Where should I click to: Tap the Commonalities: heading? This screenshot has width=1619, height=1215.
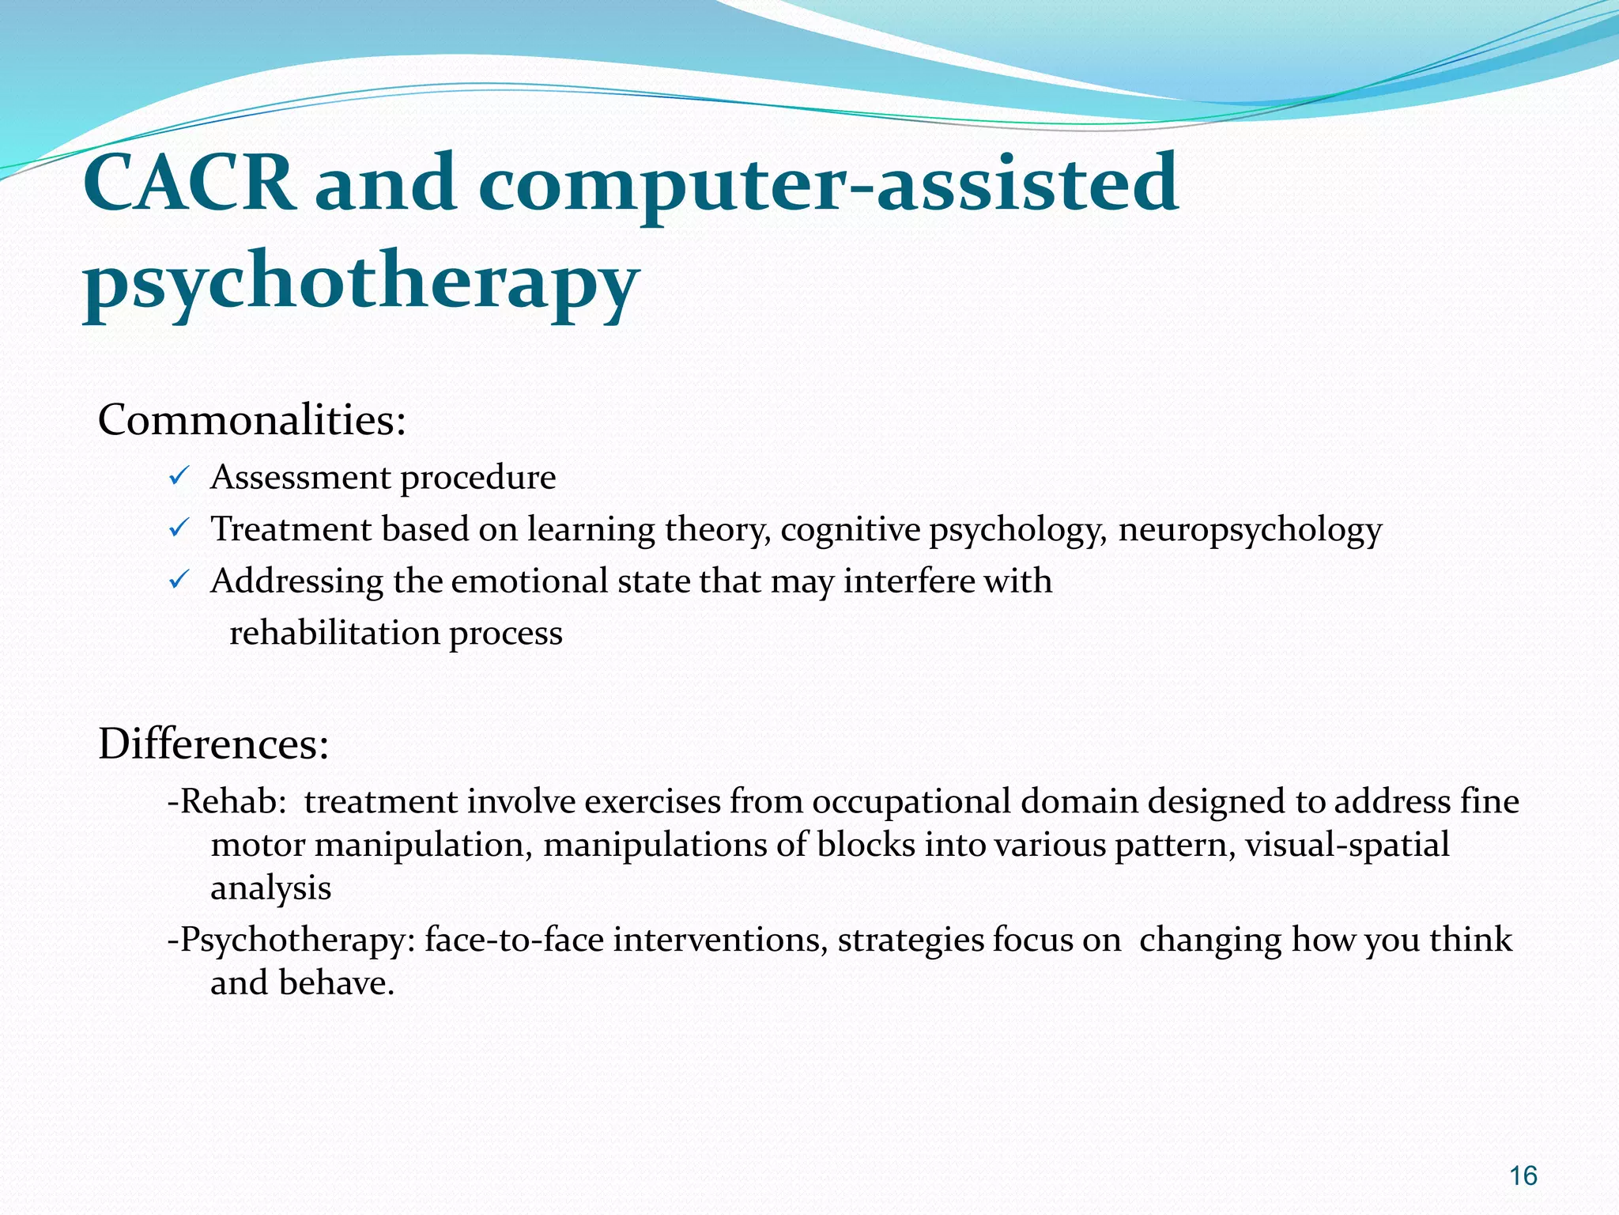click(251, 420)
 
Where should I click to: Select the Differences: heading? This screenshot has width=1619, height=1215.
click(213, 744)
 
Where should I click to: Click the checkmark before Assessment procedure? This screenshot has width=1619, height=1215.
click(178, 477)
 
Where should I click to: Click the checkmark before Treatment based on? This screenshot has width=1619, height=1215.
click(178, 528)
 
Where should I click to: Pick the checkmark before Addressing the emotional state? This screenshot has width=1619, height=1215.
click(178, 581)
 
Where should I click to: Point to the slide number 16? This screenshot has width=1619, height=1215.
click(1523, 1176)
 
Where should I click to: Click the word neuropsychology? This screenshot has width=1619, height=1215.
click(1249, 530)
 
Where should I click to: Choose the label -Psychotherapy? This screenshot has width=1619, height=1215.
click(292, 940)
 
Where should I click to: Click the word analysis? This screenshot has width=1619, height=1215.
click(270, 888)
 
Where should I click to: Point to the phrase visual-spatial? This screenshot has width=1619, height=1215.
click(1347, 845)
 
